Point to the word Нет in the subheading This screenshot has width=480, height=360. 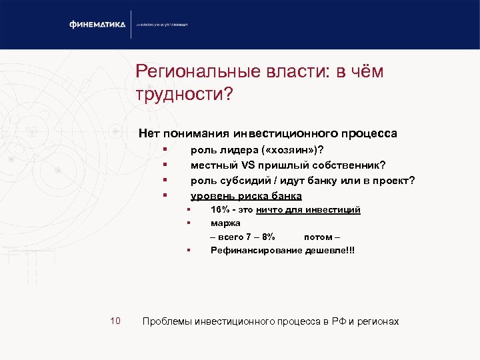(x=148, y=133)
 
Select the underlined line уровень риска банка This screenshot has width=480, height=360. (x=246, y=196)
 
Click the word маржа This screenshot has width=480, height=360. (x=225, y=223)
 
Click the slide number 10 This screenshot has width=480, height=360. (x=115, y=321)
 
